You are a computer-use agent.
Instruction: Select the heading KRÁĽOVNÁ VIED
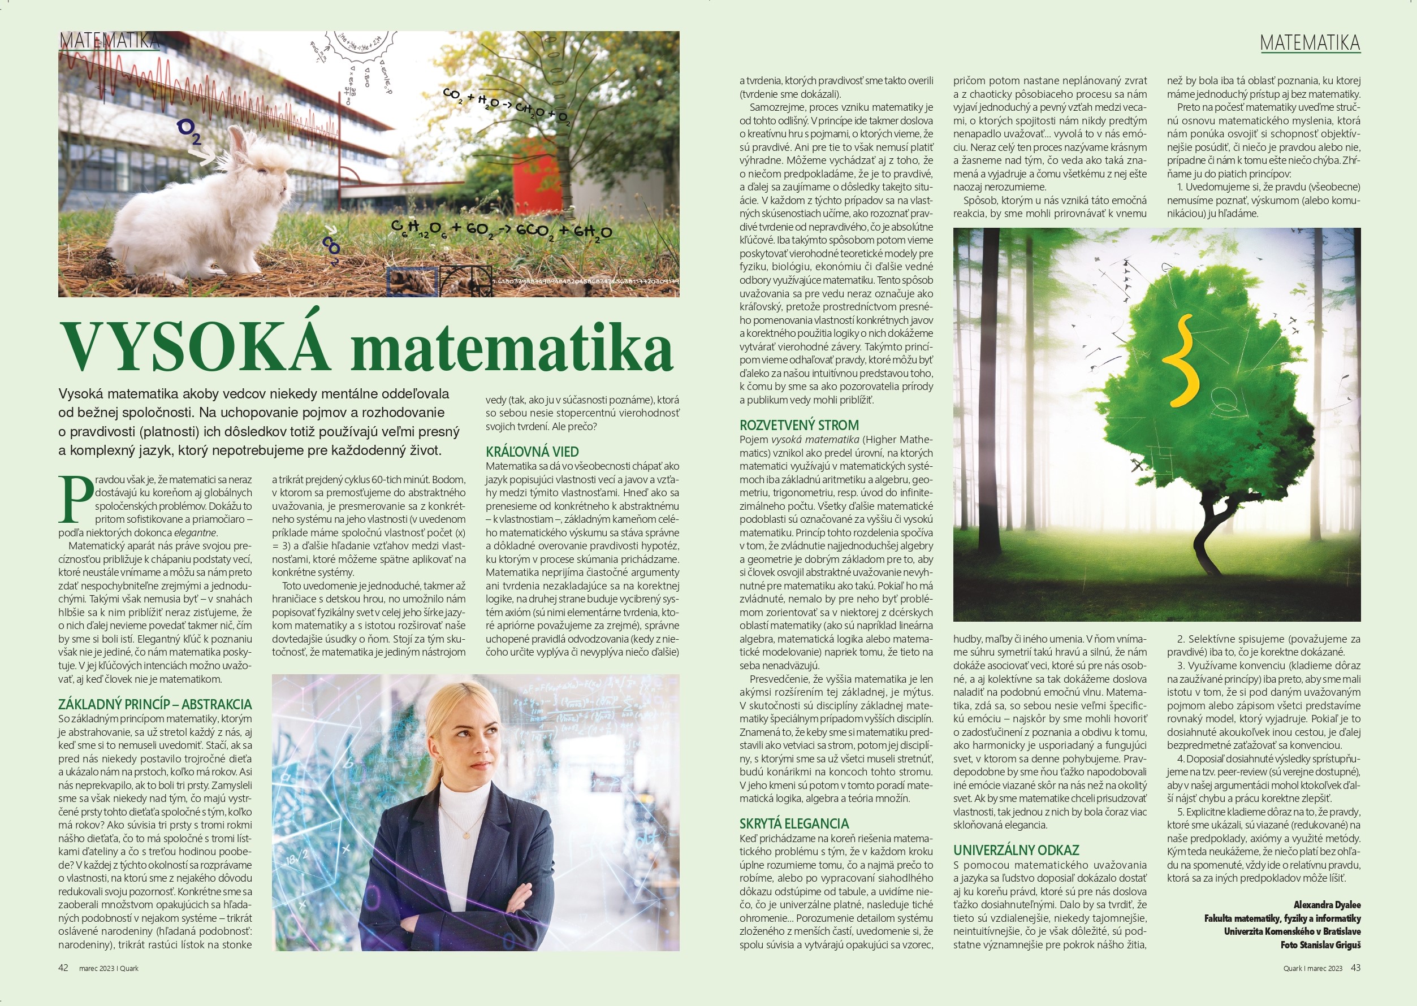[x=532, y=452]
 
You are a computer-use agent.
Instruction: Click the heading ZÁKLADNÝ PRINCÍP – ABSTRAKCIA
[x=155, y=704]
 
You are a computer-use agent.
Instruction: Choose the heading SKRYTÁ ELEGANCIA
[x=794, y=824]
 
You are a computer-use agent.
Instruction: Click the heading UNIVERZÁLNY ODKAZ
[x=1016, y=851]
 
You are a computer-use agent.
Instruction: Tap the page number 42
[x=63, y=968]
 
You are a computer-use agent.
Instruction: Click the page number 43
[x=1356, y=968]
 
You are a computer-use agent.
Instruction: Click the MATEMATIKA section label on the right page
[x=1310, y=43]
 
